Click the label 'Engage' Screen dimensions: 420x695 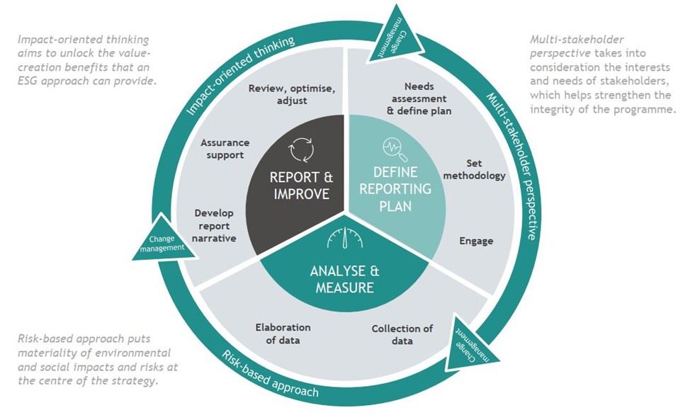point(476,241)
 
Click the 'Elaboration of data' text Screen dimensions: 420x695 point(283,334)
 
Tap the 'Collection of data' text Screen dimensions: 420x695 point(402,334)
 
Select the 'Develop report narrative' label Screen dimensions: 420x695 point(214,225)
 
